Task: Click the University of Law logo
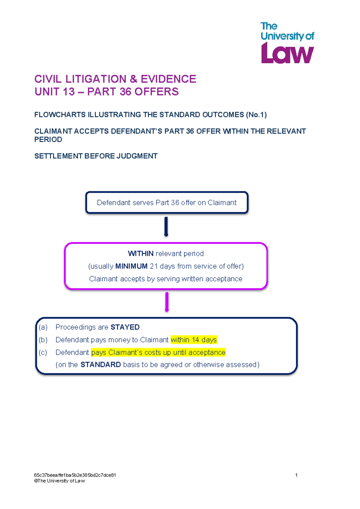point(287,43)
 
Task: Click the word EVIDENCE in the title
point(168,79)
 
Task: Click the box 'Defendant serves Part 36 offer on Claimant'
point(166,203)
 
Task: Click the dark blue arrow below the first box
point(166,227)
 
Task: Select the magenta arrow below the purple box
point(167,302)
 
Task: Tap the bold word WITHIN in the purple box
point(141,254)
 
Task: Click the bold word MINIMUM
point(131,266)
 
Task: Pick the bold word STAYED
point(125,327)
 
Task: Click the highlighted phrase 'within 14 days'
point(193,340)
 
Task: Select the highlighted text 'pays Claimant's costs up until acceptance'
point(158,352)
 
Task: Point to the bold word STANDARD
point(100,365)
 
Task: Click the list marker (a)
point(43,327)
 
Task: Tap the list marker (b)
point(43,340)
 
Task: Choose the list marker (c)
point(43,352)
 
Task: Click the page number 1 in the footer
point(296,475)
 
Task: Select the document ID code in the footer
point(75,475)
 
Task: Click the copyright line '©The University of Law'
point(59,481)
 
